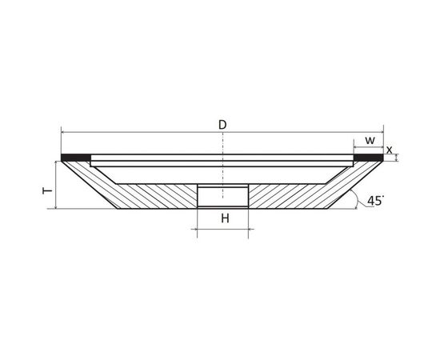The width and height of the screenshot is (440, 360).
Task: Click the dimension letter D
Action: (x=222, y=125)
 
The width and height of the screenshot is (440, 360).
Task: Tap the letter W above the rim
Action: (x=370, y=140)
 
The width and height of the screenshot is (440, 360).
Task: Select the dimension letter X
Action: (x=390, y=150)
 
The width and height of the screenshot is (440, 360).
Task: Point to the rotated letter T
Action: (x=47, y=191)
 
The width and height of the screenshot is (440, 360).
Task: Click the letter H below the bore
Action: (x=225, y=218)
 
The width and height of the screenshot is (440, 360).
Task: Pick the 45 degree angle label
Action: (x=375, y=201)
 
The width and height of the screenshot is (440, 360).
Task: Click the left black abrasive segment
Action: (x=76, y=158)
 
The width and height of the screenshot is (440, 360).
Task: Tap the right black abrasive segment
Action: (x=369, y=158)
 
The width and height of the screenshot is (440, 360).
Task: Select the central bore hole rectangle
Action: (x=223, y=196)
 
